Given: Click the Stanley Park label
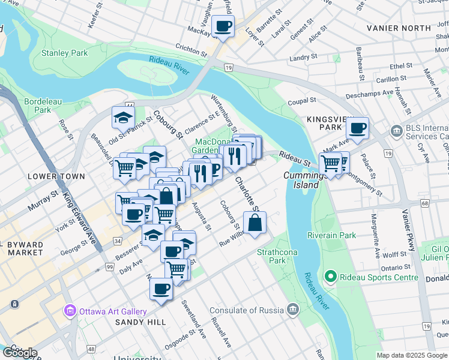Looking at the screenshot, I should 64,53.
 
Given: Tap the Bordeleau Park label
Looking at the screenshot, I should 43,106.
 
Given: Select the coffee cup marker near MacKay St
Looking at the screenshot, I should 223,26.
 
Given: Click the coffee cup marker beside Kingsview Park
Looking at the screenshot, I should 357,127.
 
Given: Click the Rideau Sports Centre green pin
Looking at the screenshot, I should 330,277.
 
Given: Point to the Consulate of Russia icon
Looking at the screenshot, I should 292,310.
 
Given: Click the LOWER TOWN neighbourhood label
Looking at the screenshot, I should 50,176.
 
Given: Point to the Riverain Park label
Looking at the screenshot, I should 333,235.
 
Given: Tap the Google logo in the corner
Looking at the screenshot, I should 20,352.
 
